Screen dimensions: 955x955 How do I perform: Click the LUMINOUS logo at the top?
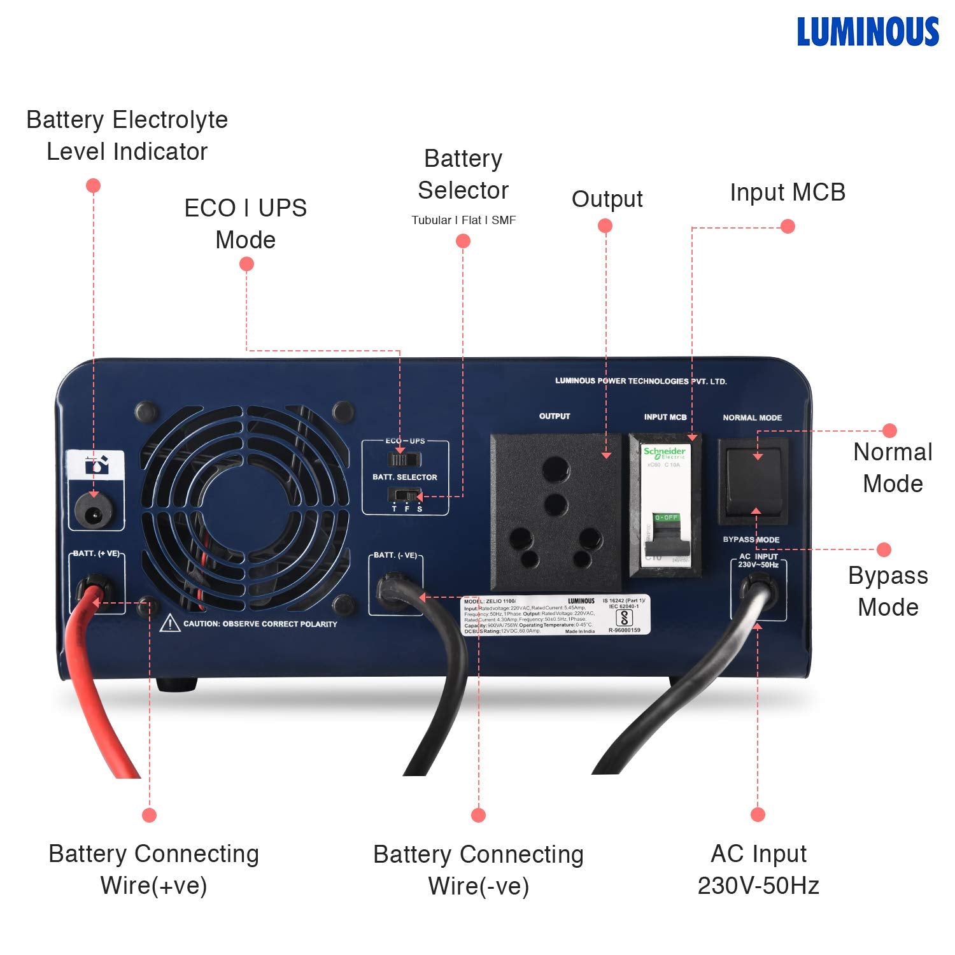click(868, 32)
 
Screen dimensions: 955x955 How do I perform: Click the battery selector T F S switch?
click(404, 495)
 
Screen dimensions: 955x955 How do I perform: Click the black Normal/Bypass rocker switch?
click(753, 482)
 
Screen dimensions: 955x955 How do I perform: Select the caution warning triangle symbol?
click(170, 623)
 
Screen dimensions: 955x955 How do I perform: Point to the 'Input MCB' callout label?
click(788, 192)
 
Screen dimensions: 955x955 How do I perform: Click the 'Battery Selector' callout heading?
click(463, 174)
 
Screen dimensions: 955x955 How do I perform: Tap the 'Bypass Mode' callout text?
click(888, 591)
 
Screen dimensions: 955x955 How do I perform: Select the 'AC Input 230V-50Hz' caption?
click(758, 870)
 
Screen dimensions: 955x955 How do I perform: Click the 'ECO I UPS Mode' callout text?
click(245, 224)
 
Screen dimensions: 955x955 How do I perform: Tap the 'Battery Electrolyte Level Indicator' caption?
click(127, 136)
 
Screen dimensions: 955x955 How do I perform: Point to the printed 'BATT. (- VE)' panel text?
click(395, 555)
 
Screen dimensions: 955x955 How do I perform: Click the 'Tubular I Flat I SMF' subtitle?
click(463, 220)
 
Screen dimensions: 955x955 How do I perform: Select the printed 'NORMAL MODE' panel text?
click(752, 418)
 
